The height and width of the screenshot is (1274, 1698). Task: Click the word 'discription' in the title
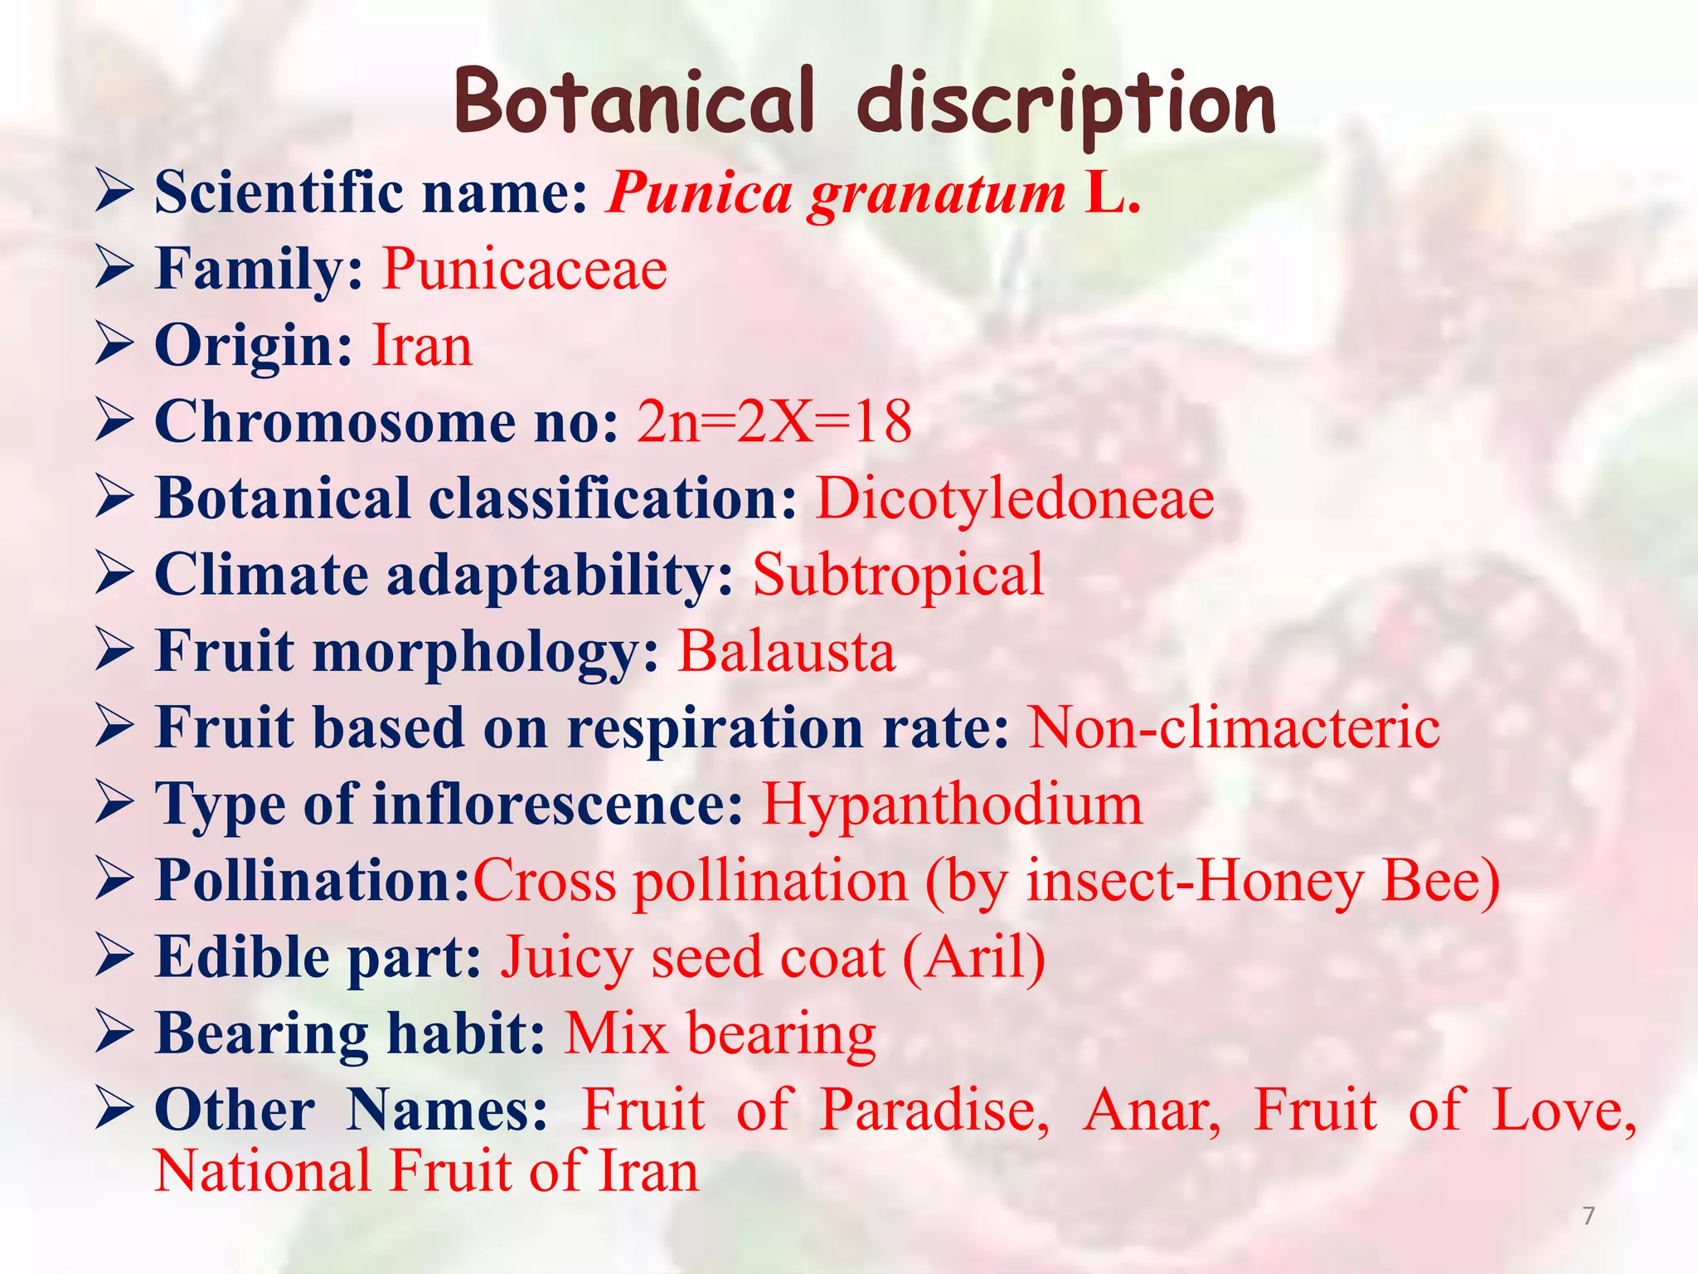pos(1066,104)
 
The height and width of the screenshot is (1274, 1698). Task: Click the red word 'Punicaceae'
pos(524,270)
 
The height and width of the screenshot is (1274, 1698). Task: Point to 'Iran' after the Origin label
pos(422,346)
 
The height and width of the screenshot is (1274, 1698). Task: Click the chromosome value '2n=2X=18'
pos(774,422)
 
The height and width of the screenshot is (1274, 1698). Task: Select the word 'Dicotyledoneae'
pos(1015,499)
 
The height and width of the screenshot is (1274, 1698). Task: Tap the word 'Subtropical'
pos(898,575)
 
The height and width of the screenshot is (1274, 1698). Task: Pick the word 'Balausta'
pos(787,651)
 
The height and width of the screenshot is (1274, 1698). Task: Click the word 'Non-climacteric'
pos(1234,728)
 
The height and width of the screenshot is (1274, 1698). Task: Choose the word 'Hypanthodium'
pos(952,805)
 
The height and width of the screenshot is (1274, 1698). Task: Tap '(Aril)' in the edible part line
pos(974,958)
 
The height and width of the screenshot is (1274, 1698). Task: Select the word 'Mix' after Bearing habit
pos(616,1034)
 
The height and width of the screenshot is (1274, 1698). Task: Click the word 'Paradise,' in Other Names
pos(934,1110)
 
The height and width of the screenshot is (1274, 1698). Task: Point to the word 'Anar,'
pos(1152,1110)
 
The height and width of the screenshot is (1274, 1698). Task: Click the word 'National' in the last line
pos(263,1171)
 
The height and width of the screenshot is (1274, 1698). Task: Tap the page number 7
pos(1589,1216)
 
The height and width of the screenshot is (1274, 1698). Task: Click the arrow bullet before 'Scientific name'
pos(114,192)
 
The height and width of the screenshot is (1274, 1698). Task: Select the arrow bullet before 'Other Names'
pos(114,1110)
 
